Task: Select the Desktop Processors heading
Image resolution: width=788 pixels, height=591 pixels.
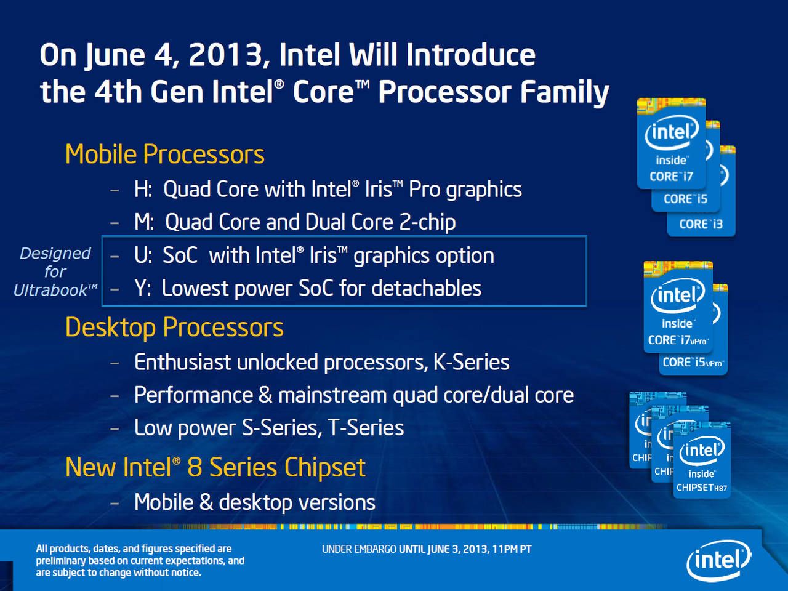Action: click(x=174, y=328)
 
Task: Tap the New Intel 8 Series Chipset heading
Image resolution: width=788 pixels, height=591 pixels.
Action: click(x=215, y=467)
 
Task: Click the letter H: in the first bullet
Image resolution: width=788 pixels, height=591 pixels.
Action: click(x=143, y=189)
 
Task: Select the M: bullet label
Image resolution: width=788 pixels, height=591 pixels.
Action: click(x=144, y=222)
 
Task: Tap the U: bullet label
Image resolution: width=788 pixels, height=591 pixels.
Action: click(x=143, y=255)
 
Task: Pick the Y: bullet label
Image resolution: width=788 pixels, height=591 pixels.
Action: click(x=143, y=288)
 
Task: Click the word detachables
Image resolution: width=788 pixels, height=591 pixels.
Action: click(x=427, y=288)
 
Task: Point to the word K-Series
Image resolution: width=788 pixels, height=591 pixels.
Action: click(x=472, y=362)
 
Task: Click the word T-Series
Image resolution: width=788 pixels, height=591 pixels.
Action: click(x=366, y=428)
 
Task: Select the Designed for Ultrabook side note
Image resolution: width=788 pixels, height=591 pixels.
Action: click(x=55, y=271)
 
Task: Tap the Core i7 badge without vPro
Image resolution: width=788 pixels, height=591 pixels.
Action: click(x=671, y=143)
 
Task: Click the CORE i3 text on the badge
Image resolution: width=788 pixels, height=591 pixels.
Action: click(x=701, y=224)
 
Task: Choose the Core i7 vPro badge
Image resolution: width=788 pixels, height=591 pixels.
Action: click(x=678, y=307)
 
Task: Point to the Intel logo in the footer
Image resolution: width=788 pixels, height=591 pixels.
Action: click(x=718, y=560)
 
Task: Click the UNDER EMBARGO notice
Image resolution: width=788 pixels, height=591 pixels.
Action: click(x=427, y=549)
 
